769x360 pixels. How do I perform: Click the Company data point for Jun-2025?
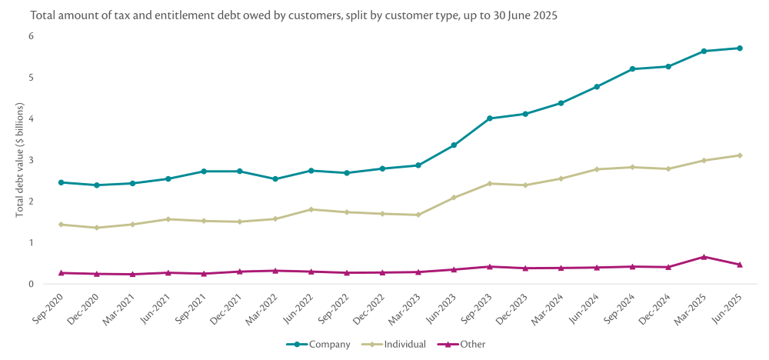coord(740,48)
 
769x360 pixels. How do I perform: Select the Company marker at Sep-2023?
coord(490,118)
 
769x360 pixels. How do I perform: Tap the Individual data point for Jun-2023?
coord(454,198)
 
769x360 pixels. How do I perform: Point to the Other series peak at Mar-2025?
coord(704,257)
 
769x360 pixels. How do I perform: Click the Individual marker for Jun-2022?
coord(311,209)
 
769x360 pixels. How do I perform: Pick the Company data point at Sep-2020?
coord(61,182)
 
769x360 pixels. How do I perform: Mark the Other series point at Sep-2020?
coord(61,273)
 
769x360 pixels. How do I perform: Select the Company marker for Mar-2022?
coord(275,179)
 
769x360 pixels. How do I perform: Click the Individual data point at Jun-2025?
coord(740,155)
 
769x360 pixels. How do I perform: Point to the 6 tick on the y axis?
coord(32,36)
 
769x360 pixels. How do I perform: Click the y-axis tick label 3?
coord(32,160)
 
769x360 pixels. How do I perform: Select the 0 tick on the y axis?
coord(32,284)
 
